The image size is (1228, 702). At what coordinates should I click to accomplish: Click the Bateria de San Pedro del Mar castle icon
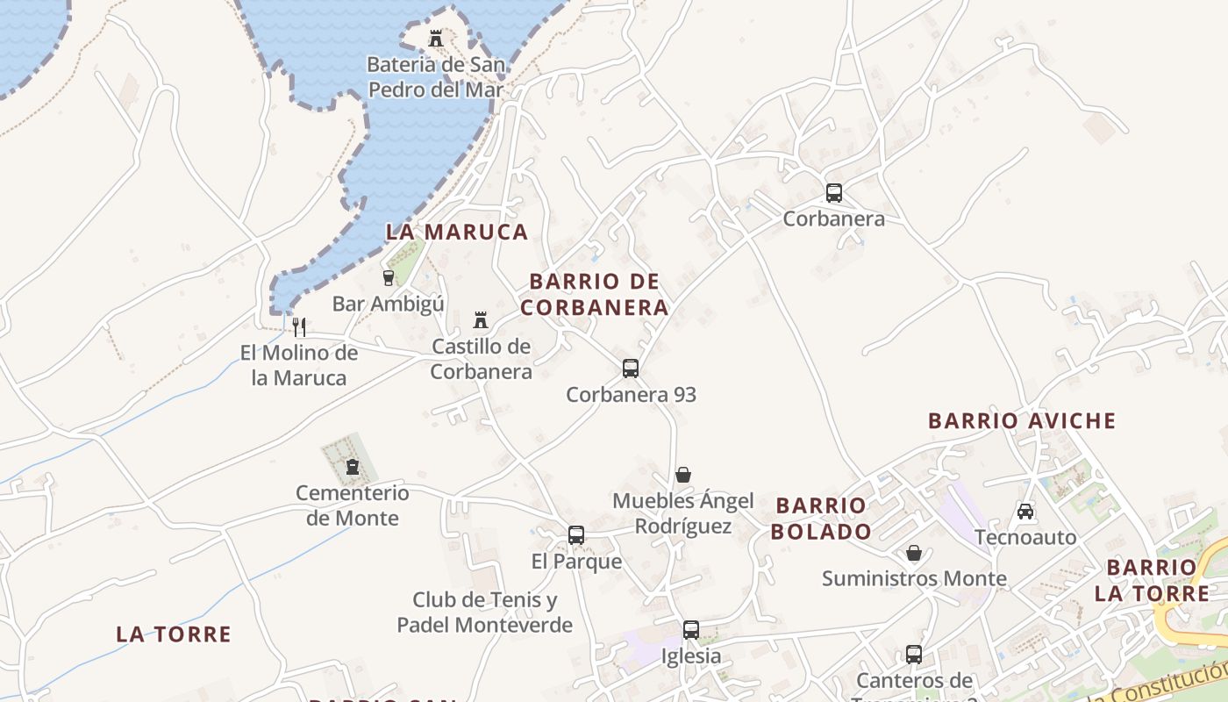pos(436,39)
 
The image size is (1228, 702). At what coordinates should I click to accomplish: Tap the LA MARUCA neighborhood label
pos(457,232)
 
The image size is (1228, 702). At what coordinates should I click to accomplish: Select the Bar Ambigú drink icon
pos(389,278)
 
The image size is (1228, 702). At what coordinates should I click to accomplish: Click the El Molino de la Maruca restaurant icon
pos(299,327)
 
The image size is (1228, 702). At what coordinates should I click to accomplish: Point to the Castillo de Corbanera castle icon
pos(481,320)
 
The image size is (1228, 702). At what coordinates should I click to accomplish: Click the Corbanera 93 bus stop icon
pos(631,369)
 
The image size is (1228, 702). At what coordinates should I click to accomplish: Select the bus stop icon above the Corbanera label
pos(833,193)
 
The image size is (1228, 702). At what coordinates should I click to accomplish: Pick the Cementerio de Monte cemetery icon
pos(353,467)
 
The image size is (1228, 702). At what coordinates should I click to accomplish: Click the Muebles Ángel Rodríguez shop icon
pos(683,476)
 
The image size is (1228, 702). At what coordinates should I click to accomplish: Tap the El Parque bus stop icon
pos(576,535)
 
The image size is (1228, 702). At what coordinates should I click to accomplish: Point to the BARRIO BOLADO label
pos(823,519)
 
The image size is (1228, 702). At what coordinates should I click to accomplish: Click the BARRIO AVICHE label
pos(1022,421)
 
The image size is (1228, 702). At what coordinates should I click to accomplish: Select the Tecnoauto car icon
pos(1025,511)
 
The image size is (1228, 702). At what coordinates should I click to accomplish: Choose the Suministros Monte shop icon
pos(914,553)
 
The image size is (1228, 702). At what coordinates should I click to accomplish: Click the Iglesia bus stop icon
pos(691,630)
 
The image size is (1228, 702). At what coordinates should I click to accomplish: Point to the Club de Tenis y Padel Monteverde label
pos(485,612)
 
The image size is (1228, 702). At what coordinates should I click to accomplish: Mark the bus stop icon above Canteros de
pos(914,655)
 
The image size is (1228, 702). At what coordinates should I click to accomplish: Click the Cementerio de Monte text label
pos(353,505)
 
